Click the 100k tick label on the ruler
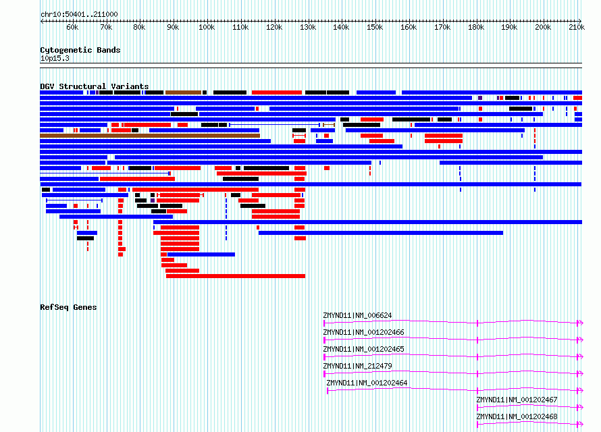[x=207, y=27]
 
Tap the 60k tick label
[x=72, y=27]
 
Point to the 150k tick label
[x=375, y=27]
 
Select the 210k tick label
[x=577, y=27]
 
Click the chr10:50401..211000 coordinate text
[x=79, y=14]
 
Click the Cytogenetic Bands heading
[x=80, y=50]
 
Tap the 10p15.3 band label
[x=55, y=58]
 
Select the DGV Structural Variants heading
[x=95, y=86]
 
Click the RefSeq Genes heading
[x=68, y=307]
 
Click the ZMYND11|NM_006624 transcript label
[x=357, y=315]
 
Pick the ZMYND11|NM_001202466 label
[x=363, y=332]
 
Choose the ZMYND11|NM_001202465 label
[x=363, y=349]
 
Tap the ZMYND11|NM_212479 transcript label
[x=357, y=366]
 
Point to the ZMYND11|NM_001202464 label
[x=367, y=383]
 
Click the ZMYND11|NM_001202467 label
[x=517, y=400]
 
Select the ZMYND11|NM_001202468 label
[x=517, y=416]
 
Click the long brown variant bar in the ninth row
[x=150, y=136]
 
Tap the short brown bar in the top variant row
[x=183, y=92]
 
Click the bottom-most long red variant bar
[x=236, y=276]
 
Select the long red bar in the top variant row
[x=277, y=92]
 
